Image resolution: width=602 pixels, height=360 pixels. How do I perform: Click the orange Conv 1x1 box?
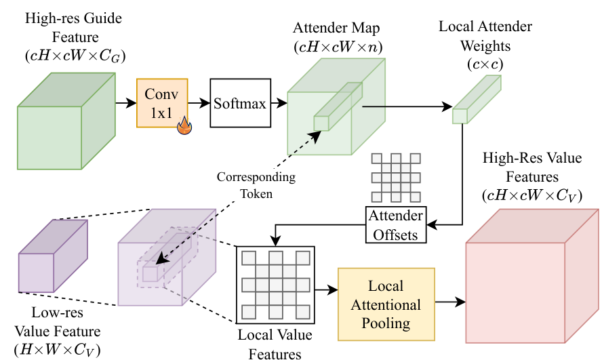[x=162, y=104]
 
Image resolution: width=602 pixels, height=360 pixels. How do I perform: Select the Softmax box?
[x=237, y=104]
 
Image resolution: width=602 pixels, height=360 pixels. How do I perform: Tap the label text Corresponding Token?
[x=256, y=184]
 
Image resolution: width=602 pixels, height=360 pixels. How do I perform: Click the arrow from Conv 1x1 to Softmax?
[x=199, y=104]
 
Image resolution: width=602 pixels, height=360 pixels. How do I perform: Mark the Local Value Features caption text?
[x=274, y=342]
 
